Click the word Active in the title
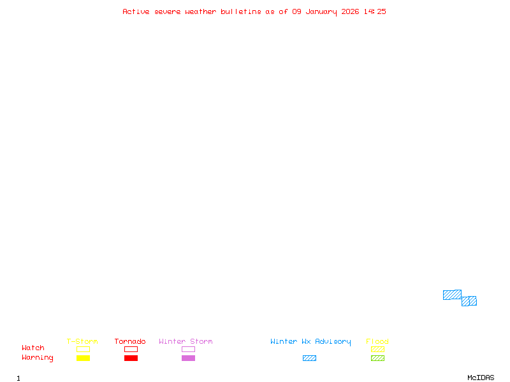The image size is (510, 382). click(x=136, y=11)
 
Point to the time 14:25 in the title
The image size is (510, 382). click(x=375, y=11)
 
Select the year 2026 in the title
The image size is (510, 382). click(x=350, y=11)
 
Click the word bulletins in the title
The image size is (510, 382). click(x=241, y=11)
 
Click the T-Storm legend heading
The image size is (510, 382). click(x=82, y=341)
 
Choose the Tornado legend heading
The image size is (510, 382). click(x=130, y=341)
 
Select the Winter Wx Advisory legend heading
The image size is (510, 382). click(x=310, y=341)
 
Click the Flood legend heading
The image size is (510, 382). click(x=377, y=341)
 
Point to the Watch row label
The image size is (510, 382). click(x=33, y=348)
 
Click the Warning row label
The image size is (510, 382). click(x=38, y=358)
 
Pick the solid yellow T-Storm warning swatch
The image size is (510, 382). click(x=83, y=358)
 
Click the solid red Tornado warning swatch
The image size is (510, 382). click(x=131, y=358)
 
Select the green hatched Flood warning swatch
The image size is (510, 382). click(x=377, y=358)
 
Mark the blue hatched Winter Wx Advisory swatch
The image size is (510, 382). click(x=309, y=358)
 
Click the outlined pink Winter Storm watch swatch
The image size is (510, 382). click(x=188, y=349)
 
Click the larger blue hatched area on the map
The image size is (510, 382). click(x=452, y=295)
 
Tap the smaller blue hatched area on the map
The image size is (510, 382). click(x=469, y=301)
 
